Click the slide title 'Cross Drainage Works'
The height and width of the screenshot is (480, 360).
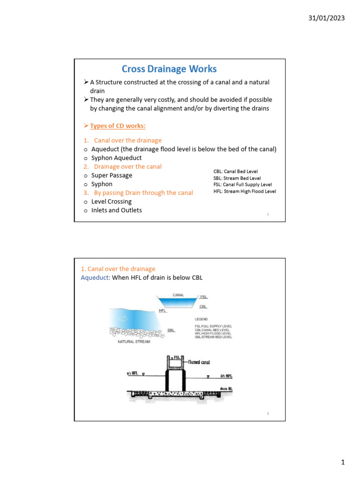point(169,69)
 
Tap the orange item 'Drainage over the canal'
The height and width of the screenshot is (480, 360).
point(127,166)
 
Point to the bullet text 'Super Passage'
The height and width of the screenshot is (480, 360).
point(112,175)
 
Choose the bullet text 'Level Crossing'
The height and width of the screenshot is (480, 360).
point(112,202)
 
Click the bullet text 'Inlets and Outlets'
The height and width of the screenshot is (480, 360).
point(116,210)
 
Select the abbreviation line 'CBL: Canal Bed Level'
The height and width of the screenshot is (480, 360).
point(235,172)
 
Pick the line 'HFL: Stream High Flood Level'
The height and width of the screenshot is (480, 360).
point(244,191)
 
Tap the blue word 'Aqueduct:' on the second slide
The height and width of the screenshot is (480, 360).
point(96,277)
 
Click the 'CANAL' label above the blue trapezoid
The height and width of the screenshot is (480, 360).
point(179,295)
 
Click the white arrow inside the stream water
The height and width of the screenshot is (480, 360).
point(123,318)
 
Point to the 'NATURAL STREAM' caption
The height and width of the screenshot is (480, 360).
point(134,342)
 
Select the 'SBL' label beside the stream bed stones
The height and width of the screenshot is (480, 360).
point(172,330)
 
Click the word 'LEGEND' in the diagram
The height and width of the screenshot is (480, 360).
point(202,319)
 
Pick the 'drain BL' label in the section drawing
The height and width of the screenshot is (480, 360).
point(227,388)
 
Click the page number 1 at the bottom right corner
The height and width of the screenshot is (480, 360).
point(343,463)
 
